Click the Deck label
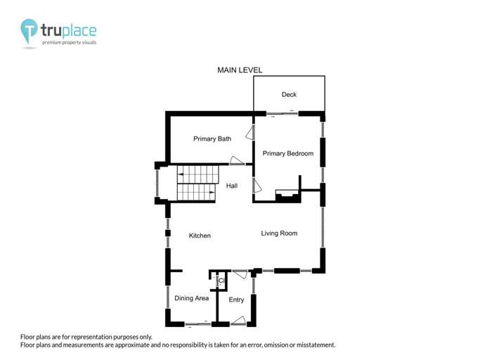(289, 94)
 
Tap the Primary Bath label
(212, 139)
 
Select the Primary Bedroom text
(288, 153)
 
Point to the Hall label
(232, 186)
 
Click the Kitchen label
(200, 236)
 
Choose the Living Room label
(279, 233)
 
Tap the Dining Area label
(192, 298)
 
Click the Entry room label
(236, 300)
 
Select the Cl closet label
(221, 281)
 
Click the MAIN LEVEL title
(240, 70)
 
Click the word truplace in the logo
(69, 31)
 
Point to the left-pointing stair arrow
(181, 174)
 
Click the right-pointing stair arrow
(212, 193)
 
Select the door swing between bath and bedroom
(250, 133)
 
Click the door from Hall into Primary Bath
(237, 161)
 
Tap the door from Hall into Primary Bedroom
(257, 186)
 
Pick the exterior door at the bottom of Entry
(238, 321)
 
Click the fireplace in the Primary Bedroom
(287, 196)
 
